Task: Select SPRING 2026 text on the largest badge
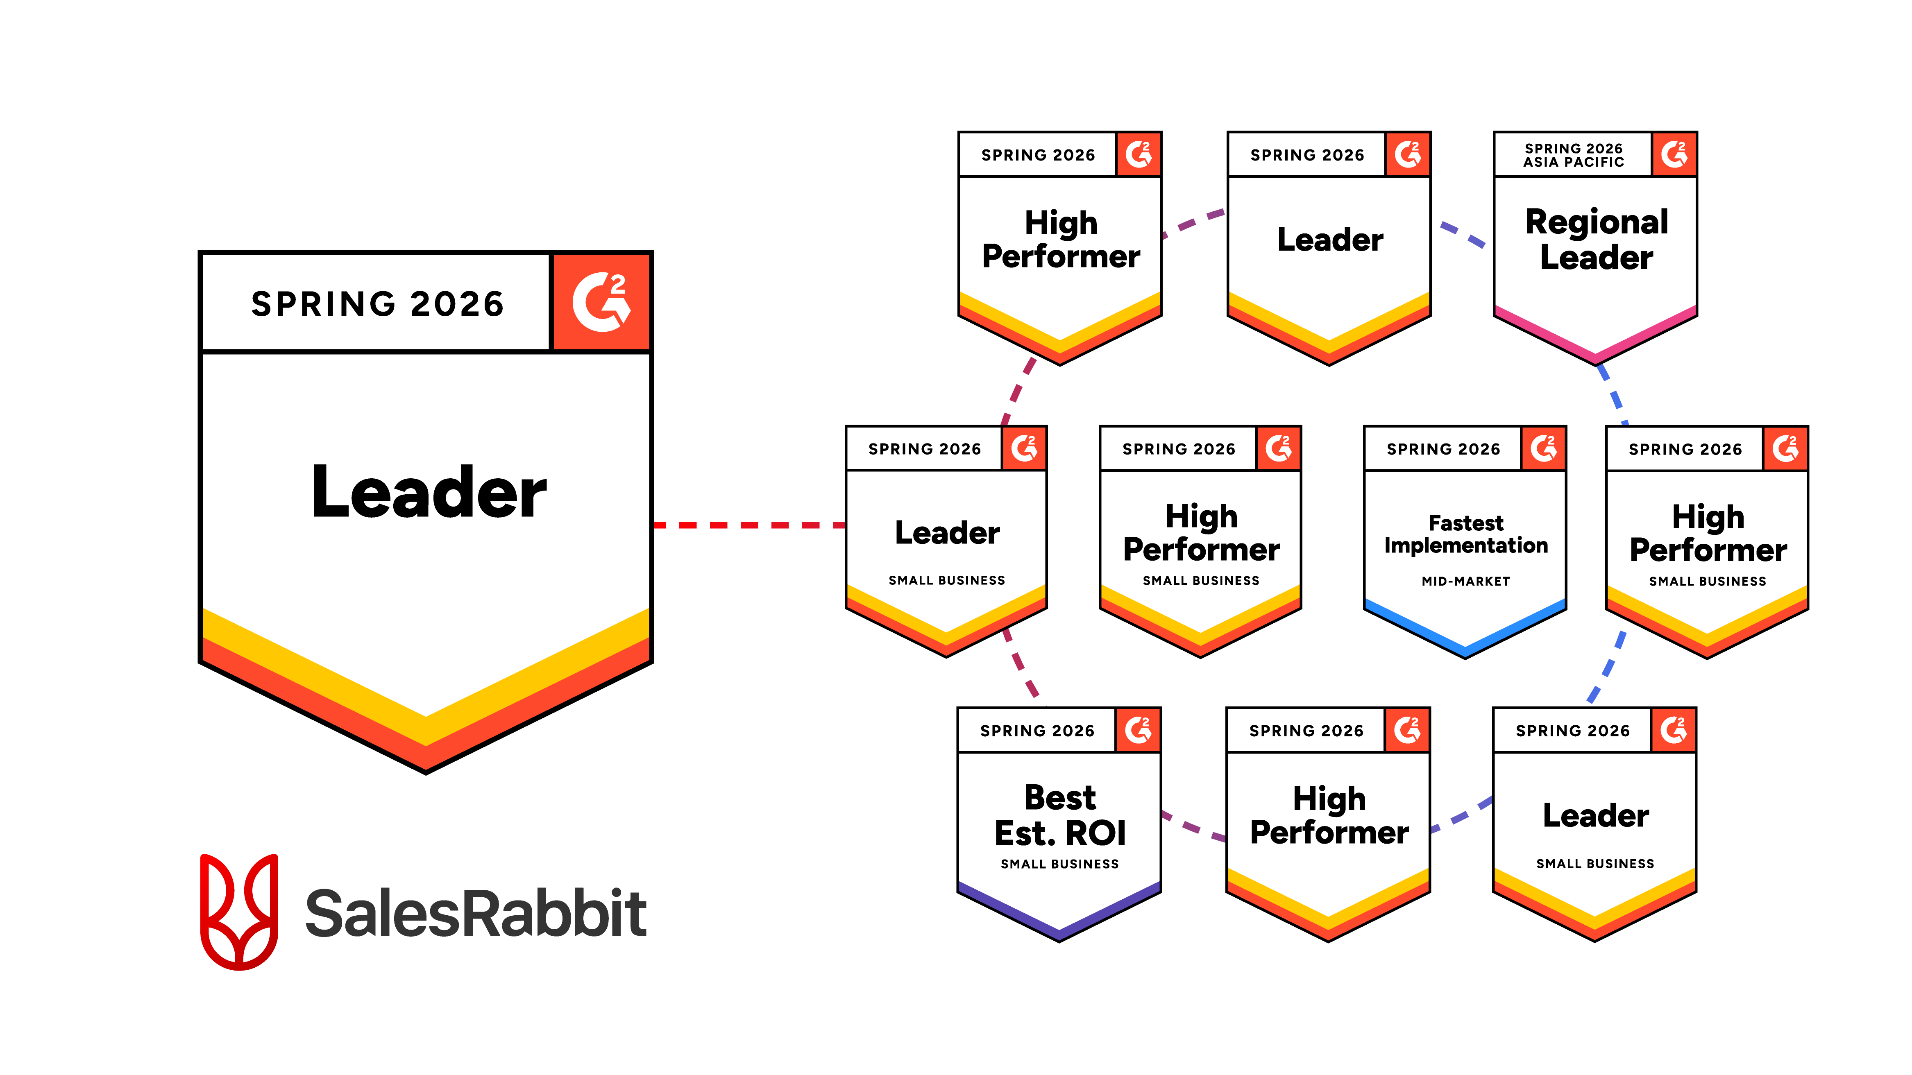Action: coord(377,304)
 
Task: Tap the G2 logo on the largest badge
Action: coord(601,302)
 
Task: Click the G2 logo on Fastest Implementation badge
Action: coord(1543,448)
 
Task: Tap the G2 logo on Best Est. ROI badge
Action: coord(1138,730)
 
